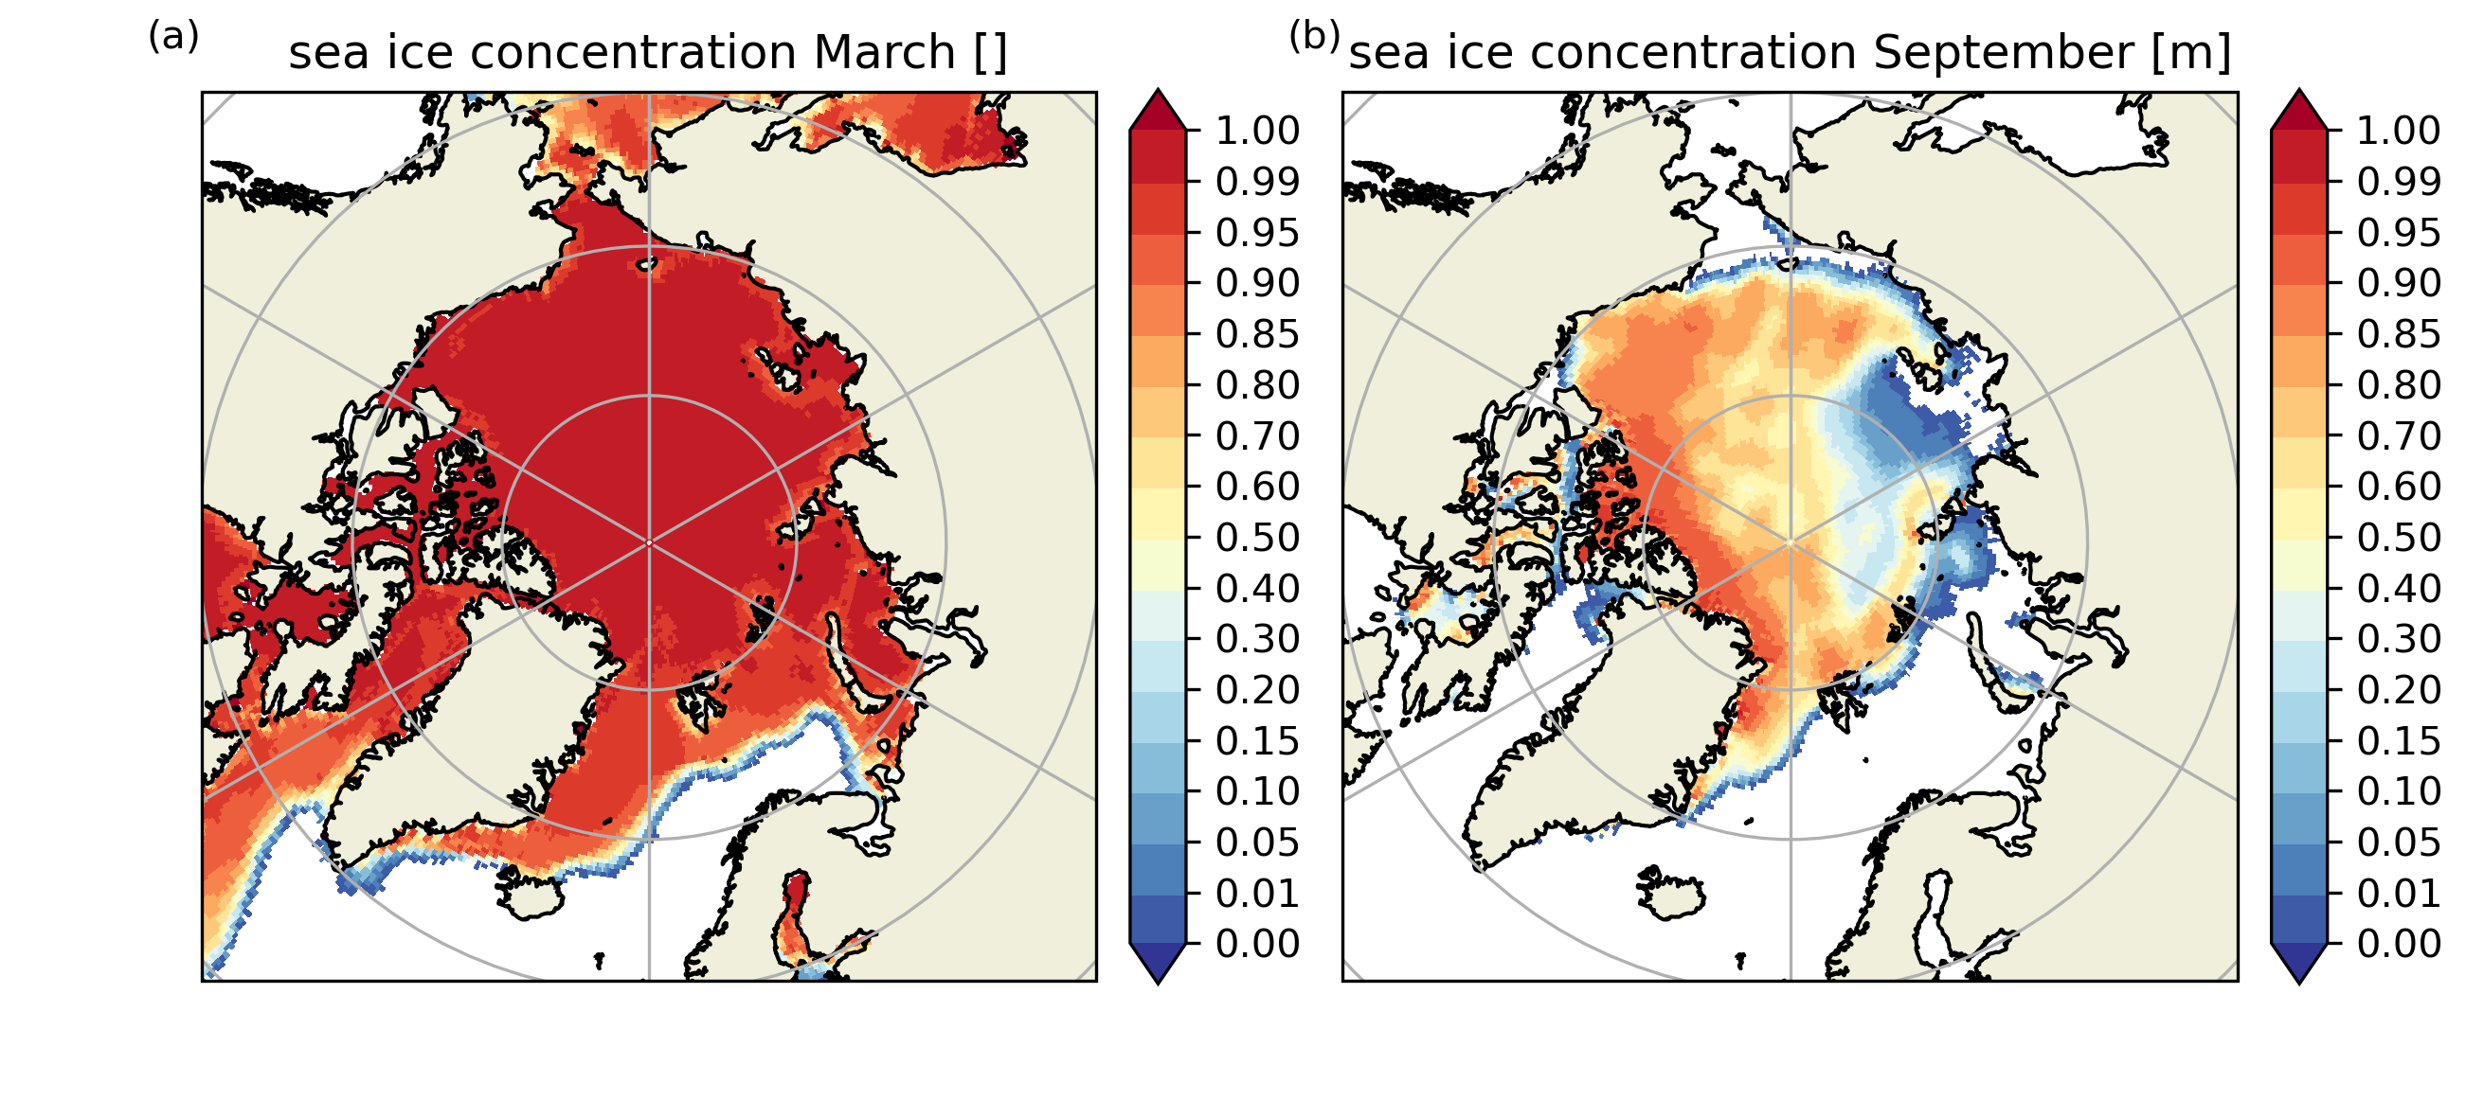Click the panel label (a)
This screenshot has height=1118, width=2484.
point(173,37)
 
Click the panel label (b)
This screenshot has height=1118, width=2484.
point(1314,37)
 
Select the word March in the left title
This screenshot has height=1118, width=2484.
point(884,52)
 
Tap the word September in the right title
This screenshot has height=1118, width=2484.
point(2003,52)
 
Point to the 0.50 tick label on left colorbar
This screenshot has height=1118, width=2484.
point(1257,538)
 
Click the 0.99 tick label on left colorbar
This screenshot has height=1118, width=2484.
point(1257,181)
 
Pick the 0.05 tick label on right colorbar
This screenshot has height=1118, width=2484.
point(2399,843)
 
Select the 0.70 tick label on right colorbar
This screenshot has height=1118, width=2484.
point(2399,435)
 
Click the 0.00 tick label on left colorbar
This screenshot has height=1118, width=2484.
point(1257,945)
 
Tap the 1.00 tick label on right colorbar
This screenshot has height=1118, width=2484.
point(2399,130)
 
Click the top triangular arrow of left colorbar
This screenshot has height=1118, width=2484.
point(1157,110)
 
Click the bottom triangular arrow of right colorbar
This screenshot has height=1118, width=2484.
point(2299,963)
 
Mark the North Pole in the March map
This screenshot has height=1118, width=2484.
point(649,543)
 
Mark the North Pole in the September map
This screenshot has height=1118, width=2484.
point(1791,543)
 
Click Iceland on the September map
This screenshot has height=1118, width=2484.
point(1670,893)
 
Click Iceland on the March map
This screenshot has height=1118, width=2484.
point(530,893)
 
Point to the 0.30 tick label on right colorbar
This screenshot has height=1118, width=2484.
point(2399,639)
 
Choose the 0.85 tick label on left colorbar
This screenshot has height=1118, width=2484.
point(1257,334)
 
